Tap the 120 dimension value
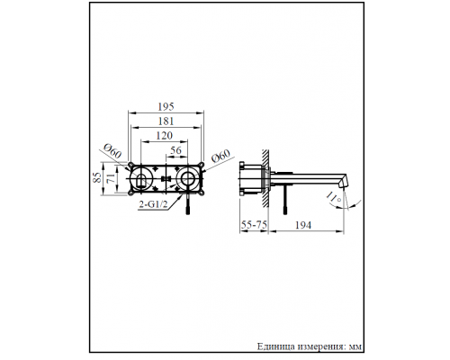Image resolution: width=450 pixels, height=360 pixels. pos(163,137)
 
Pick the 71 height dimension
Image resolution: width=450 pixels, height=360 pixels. pos(112,181)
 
